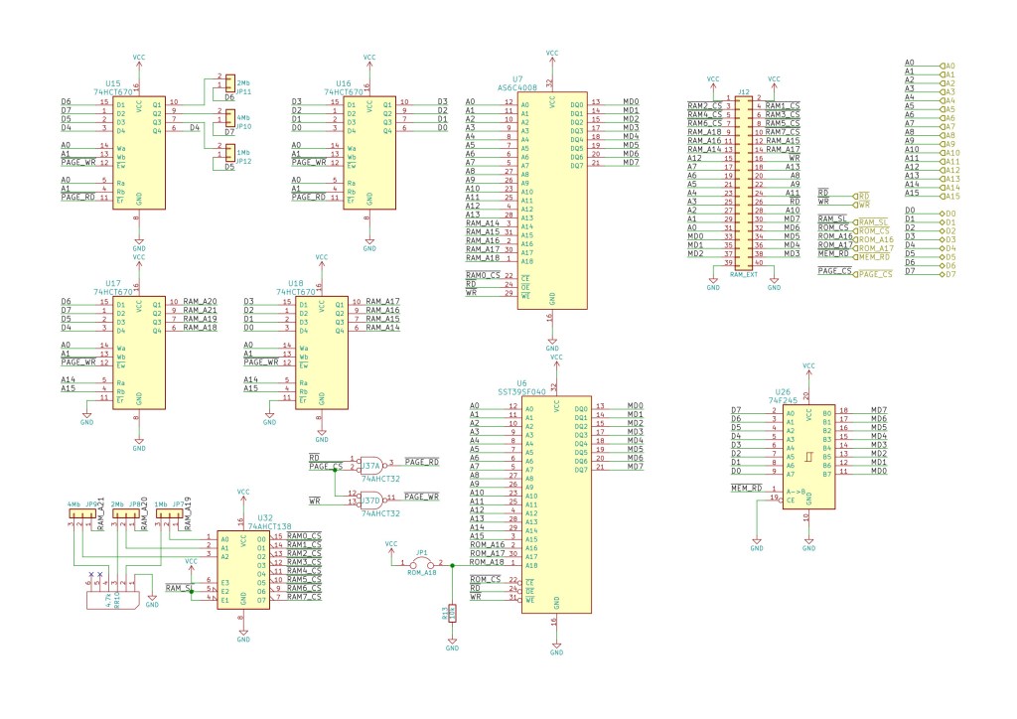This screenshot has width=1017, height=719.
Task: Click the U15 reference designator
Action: tap(112, 83)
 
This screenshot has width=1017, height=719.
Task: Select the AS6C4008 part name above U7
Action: tap(516, 86)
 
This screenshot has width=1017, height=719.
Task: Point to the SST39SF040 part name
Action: tap(521, 391)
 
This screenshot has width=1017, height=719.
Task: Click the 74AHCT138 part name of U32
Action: tap(269, 525)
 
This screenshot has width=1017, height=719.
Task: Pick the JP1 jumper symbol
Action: tap(422, 564)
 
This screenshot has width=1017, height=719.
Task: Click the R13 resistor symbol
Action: tap(452, 614)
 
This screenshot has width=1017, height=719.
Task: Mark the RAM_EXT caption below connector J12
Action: tap(743, 273)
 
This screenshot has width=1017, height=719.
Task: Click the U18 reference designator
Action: tap(295, 283)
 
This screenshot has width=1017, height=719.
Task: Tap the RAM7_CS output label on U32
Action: tap(304, 597)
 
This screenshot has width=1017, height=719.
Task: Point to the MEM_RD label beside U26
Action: tap(747, 489)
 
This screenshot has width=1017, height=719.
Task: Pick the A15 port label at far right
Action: tap(950, 195)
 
